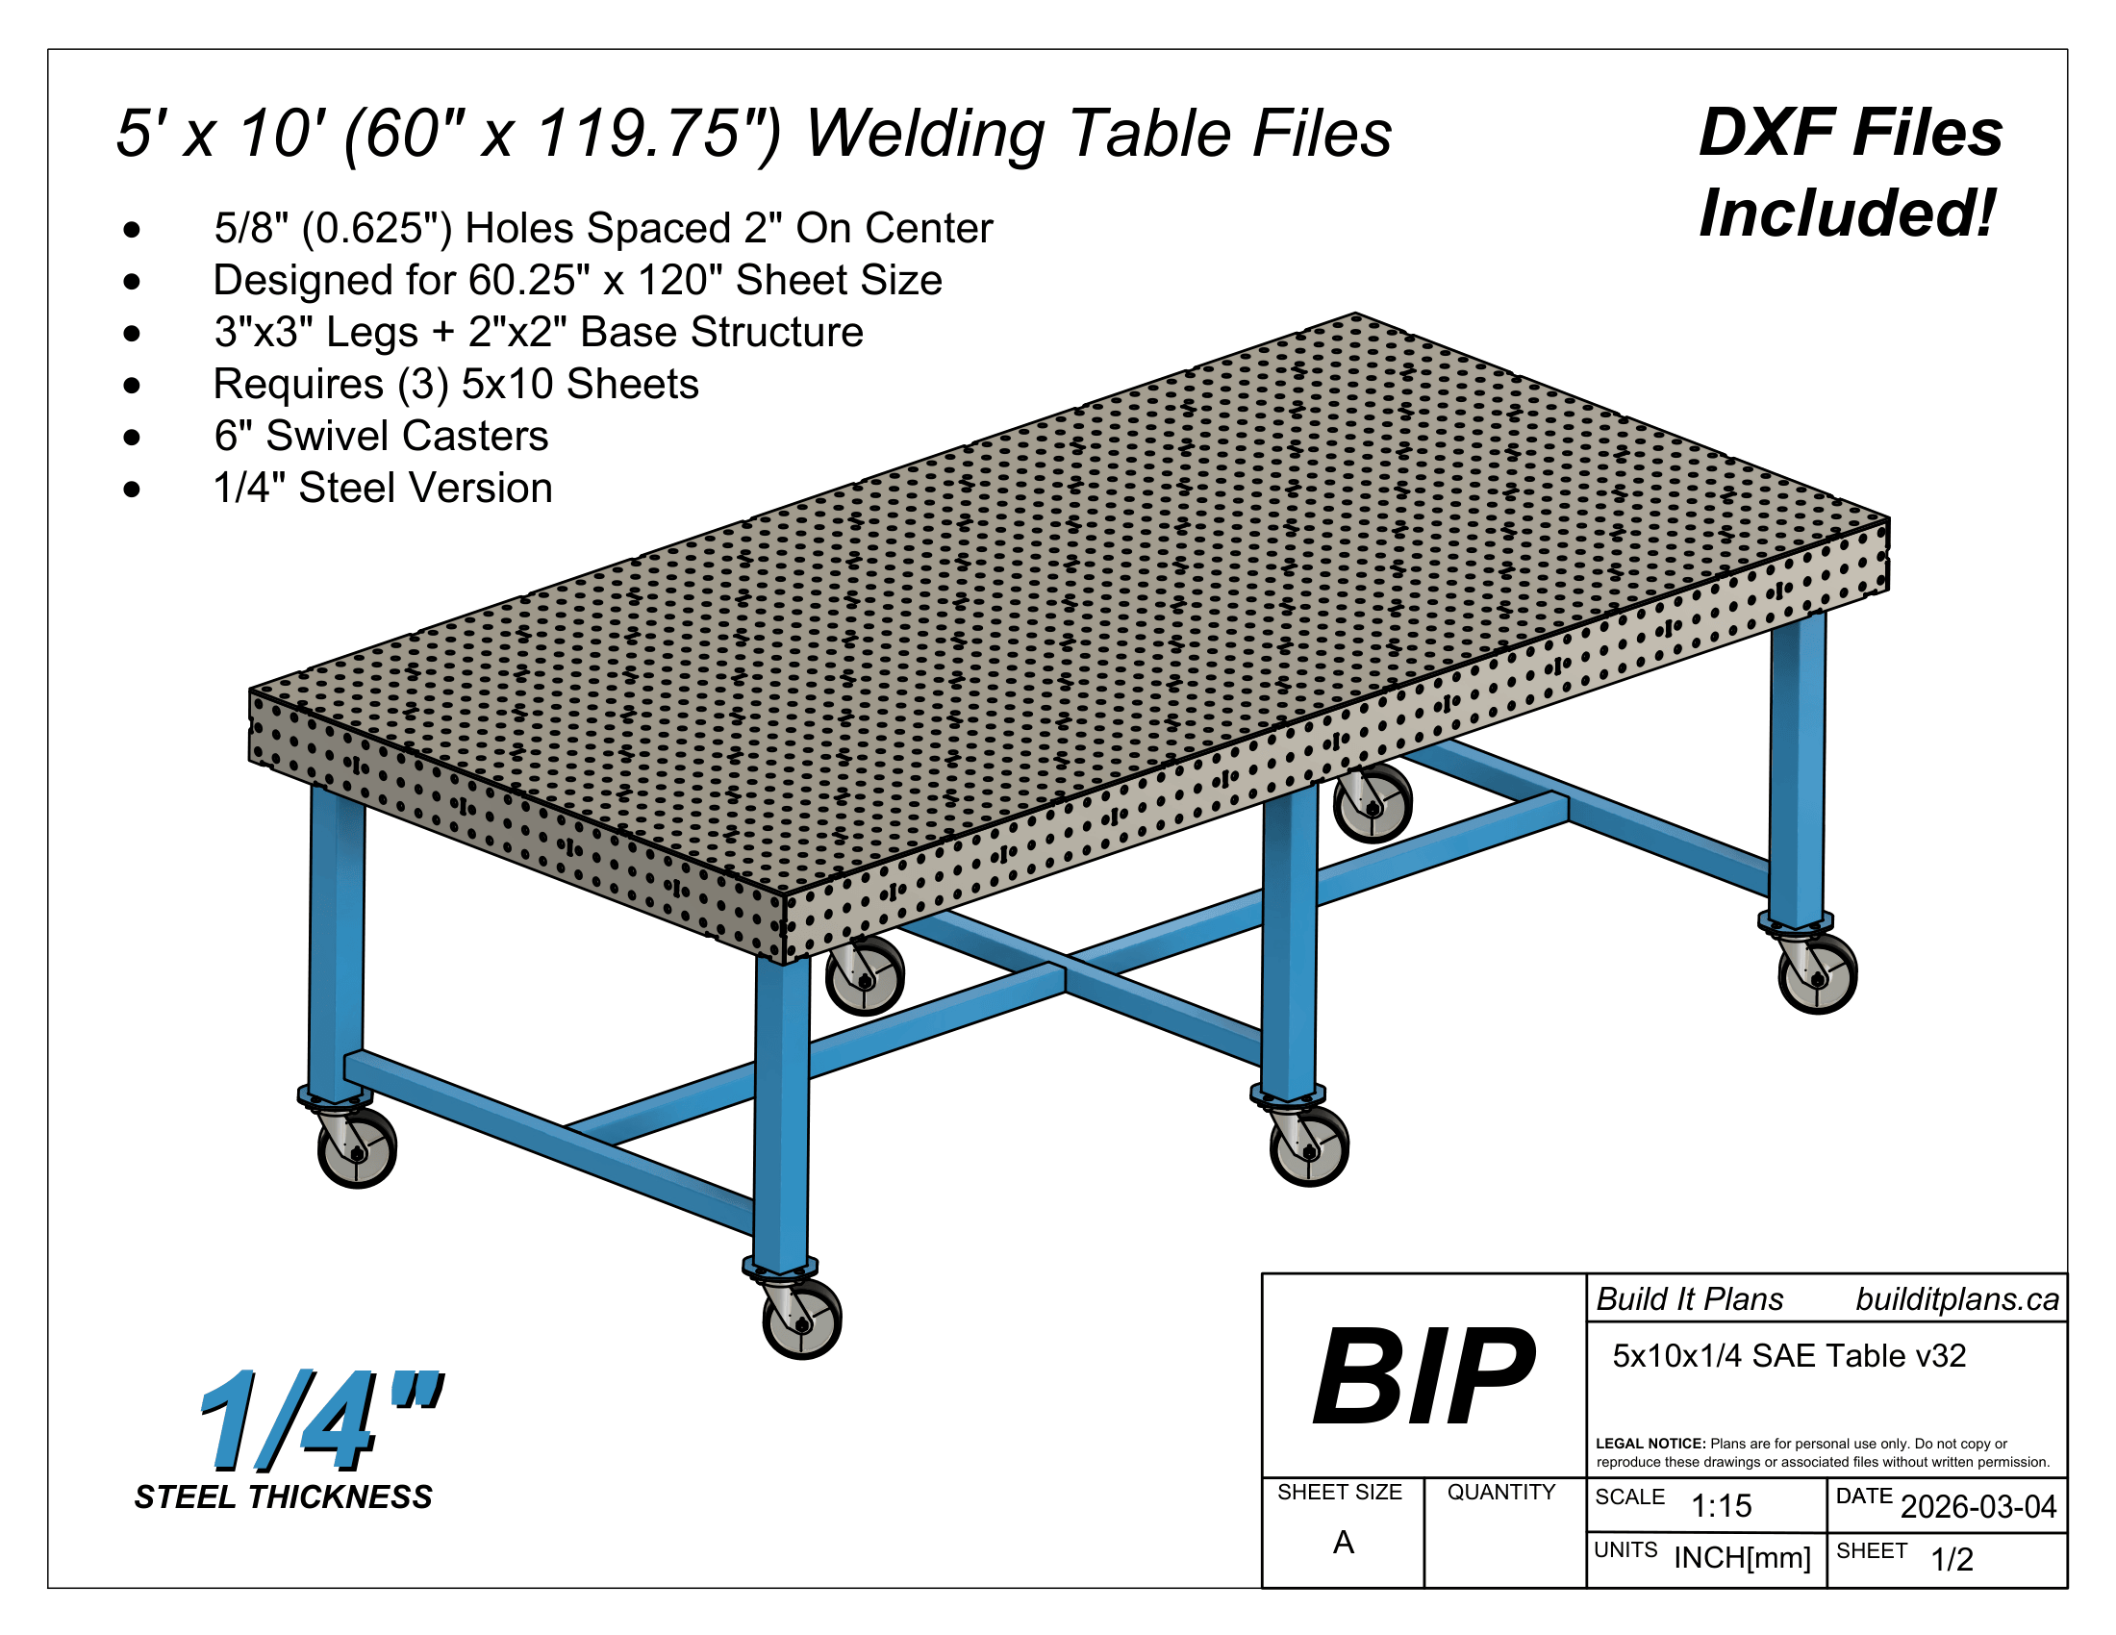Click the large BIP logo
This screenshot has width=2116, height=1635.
pyautogui.click(x=1423, y=1375)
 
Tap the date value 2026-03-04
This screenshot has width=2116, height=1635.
pyautogui.click(x=1977, y=1507)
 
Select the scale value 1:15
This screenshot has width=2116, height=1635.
pyautogui.click(x=1721, y=1506)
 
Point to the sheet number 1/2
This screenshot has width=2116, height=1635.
pyautogui.click(x=1952, y=1559)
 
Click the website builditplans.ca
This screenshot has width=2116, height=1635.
pyautogui.click(x=1957, y=1300)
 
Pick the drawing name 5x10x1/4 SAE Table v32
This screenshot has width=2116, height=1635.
pyautogui.click(x=1789, y=1356)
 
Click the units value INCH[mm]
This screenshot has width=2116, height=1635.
pyautogui.click(x=1742, y=1557)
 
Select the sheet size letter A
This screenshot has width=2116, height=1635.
pyautogui.click(x=1343, y=1542)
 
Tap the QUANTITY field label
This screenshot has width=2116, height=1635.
pyautogui.click(x=1500, y=1493)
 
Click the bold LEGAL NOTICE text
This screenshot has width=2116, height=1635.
pyautogui.click(x=1650, y=1444)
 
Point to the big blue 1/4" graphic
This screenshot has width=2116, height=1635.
pyautogui.click(x=319, y=1420)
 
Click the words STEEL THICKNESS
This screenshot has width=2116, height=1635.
pyautogui.click(x=283, y=1497)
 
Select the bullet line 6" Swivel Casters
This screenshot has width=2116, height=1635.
pyautogui.click(x=381, y=436)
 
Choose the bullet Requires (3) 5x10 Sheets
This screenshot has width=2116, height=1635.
pyautogui.click(x=455, y=385)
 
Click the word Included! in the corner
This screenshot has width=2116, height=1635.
pyautogui.click(x=1848, y=214)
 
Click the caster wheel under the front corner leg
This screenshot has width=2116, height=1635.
pyautogui.click(x=802, y=1319)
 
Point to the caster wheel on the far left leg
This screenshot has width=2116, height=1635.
pyautogui.click(x=358, y=1148)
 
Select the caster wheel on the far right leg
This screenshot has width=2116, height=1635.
pyautogui.click(x=1818, y=974)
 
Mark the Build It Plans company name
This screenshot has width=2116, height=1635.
pyautogui.click(x=1690, y=1300)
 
